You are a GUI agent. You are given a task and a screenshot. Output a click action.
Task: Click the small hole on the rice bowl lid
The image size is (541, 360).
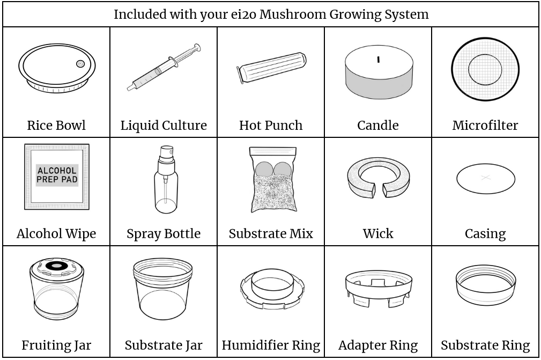click(80, 63)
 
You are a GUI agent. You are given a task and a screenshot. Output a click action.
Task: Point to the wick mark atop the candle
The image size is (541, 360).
click(378, 59)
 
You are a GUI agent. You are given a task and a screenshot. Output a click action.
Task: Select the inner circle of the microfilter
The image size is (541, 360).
click(485, 70)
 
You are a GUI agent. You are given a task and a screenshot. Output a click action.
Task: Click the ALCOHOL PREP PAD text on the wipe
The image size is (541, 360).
click(57, 175)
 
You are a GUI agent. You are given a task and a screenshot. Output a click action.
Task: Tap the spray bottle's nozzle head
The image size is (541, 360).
click(167, 151)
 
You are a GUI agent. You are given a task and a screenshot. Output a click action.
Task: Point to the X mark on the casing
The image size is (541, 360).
click(485, 178)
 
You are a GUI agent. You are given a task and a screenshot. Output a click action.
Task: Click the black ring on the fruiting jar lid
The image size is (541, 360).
click(56, 266)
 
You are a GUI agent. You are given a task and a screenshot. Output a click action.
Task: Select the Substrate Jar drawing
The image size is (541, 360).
click(163, 289)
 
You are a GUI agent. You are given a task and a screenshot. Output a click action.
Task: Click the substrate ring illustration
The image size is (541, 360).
click(485, 284)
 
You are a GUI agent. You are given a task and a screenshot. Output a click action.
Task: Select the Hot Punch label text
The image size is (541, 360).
click(271, 126)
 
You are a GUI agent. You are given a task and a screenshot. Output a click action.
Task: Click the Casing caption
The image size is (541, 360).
click(485, 234)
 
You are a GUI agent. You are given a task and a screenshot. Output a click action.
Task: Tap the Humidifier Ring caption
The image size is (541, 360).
click(271, 346)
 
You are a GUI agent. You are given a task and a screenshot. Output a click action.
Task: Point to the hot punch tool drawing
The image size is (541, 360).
click(271, 68)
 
